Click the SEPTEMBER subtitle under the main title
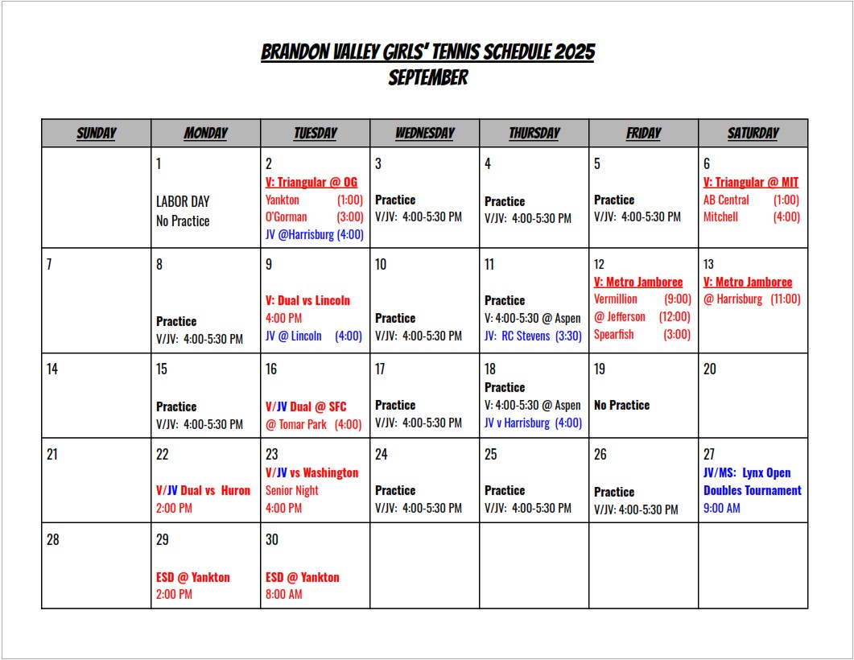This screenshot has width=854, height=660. coord(427,78)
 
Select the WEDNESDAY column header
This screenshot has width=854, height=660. coord(424,134)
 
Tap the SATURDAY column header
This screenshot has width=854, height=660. coord(753,134)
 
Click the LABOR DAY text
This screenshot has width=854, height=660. coord(183,201)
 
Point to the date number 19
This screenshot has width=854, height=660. coord(600,369)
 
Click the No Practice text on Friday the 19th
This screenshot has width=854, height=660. coord(621,405)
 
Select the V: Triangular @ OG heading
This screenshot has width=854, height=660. coord(311,182)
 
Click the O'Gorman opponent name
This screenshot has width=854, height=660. coord(286,217)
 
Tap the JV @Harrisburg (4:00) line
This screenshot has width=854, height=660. coord(314,234)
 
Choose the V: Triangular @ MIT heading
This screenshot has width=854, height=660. coord(751,182)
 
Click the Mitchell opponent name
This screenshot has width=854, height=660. coord(720,217)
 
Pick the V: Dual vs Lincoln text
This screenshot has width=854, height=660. coord(307,300)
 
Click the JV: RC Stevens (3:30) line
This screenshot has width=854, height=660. coord(533,336)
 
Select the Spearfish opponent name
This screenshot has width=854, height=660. coord(614,334)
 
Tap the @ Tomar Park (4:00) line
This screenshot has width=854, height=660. coord(313,424)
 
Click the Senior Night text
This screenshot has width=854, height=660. coord(291,490)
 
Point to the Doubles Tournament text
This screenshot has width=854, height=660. coord(752,490)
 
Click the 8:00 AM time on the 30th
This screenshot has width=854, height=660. coord(284,595)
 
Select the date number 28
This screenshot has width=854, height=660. coord(52,539)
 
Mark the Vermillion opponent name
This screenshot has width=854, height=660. coord(616,299)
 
